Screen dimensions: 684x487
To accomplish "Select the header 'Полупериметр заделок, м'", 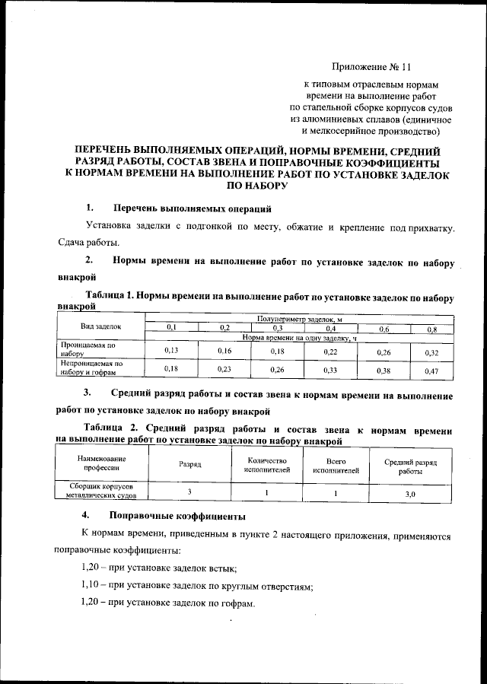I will tap(299, 320).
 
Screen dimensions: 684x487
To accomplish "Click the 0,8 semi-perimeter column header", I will tap(431, 328).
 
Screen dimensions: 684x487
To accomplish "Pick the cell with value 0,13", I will tap(171, 350).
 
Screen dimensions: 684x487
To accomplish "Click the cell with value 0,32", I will tap(431, 352).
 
